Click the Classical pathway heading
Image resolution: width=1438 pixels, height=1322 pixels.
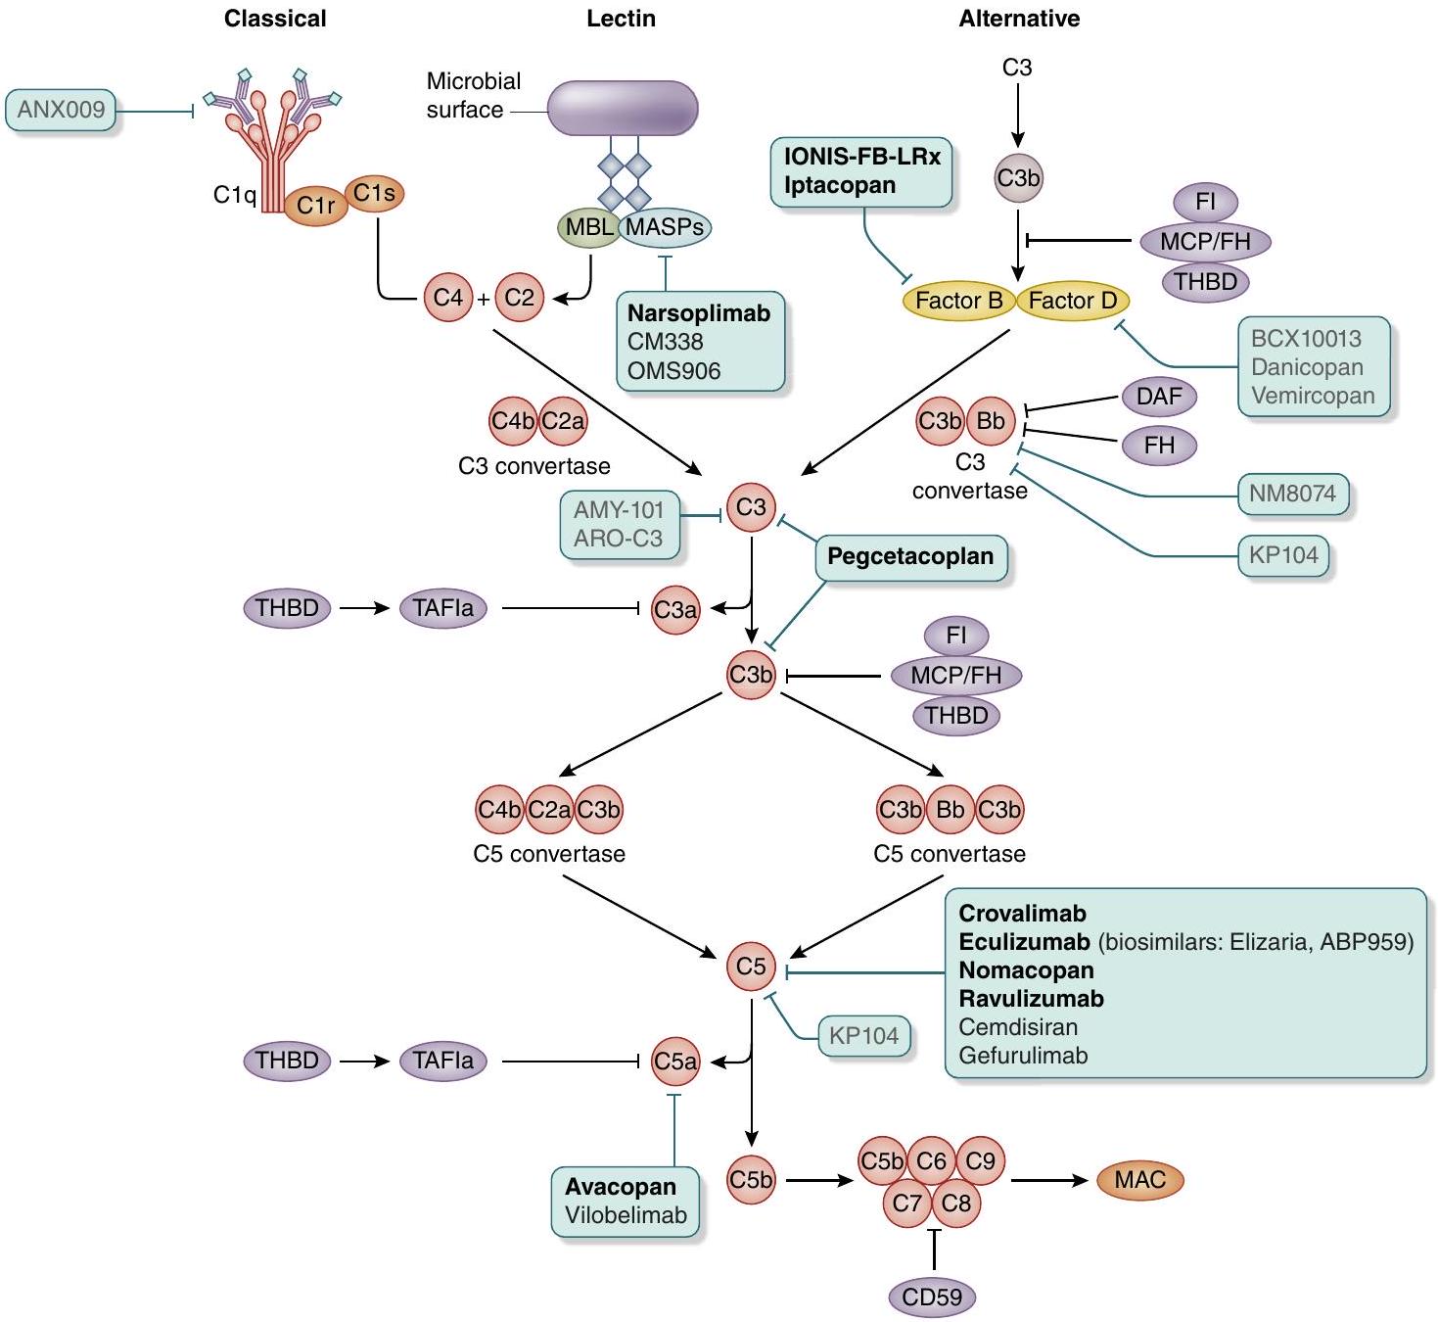(275, 19)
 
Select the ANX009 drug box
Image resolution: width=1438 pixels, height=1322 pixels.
(61, 110)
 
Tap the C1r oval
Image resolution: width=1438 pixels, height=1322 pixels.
(316, 206)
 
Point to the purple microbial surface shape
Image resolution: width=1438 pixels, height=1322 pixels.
(622, 108)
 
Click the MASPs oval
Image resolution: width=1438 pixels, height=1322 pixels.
(665, 227)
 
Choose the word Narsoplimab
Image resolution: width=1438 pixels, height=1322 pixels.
(698, 313)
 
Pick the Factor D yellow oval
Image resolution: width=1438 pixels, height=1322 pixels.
(1073, 301)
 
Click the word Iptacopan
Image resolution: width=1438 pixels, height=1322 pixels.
(839, 185)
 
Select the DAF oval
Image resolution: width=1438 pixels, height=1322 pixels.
(1159, 397)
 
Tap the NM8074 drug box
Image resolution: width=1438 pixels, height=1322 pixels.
(1292, 494)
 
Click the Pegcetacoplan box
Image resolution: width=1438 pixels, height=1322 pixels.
(910, 557)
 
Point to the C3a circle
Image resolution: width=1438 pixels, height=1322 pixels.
(675, 610)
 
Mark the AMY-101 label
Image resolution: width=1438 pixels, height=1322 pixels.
(619, 510)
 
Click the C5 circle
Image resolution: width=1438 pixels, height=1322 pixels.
(751, 967)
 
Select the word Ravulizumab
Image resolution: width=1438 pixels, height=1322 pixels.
(1031, 999)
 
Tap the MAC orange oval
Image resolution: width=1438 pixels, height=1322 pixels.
(1140, 1180)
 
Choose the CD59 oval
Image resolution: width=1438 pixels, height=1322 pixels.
(932, 1298)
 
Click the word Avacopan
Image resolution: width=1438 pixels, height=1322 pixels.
(621, 1187)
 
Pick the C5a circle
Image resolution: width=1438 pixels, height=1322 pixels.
(675, 1062)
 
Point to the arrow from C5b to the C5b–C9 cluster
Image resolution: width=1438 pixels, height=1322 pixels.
(818, 1181)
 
